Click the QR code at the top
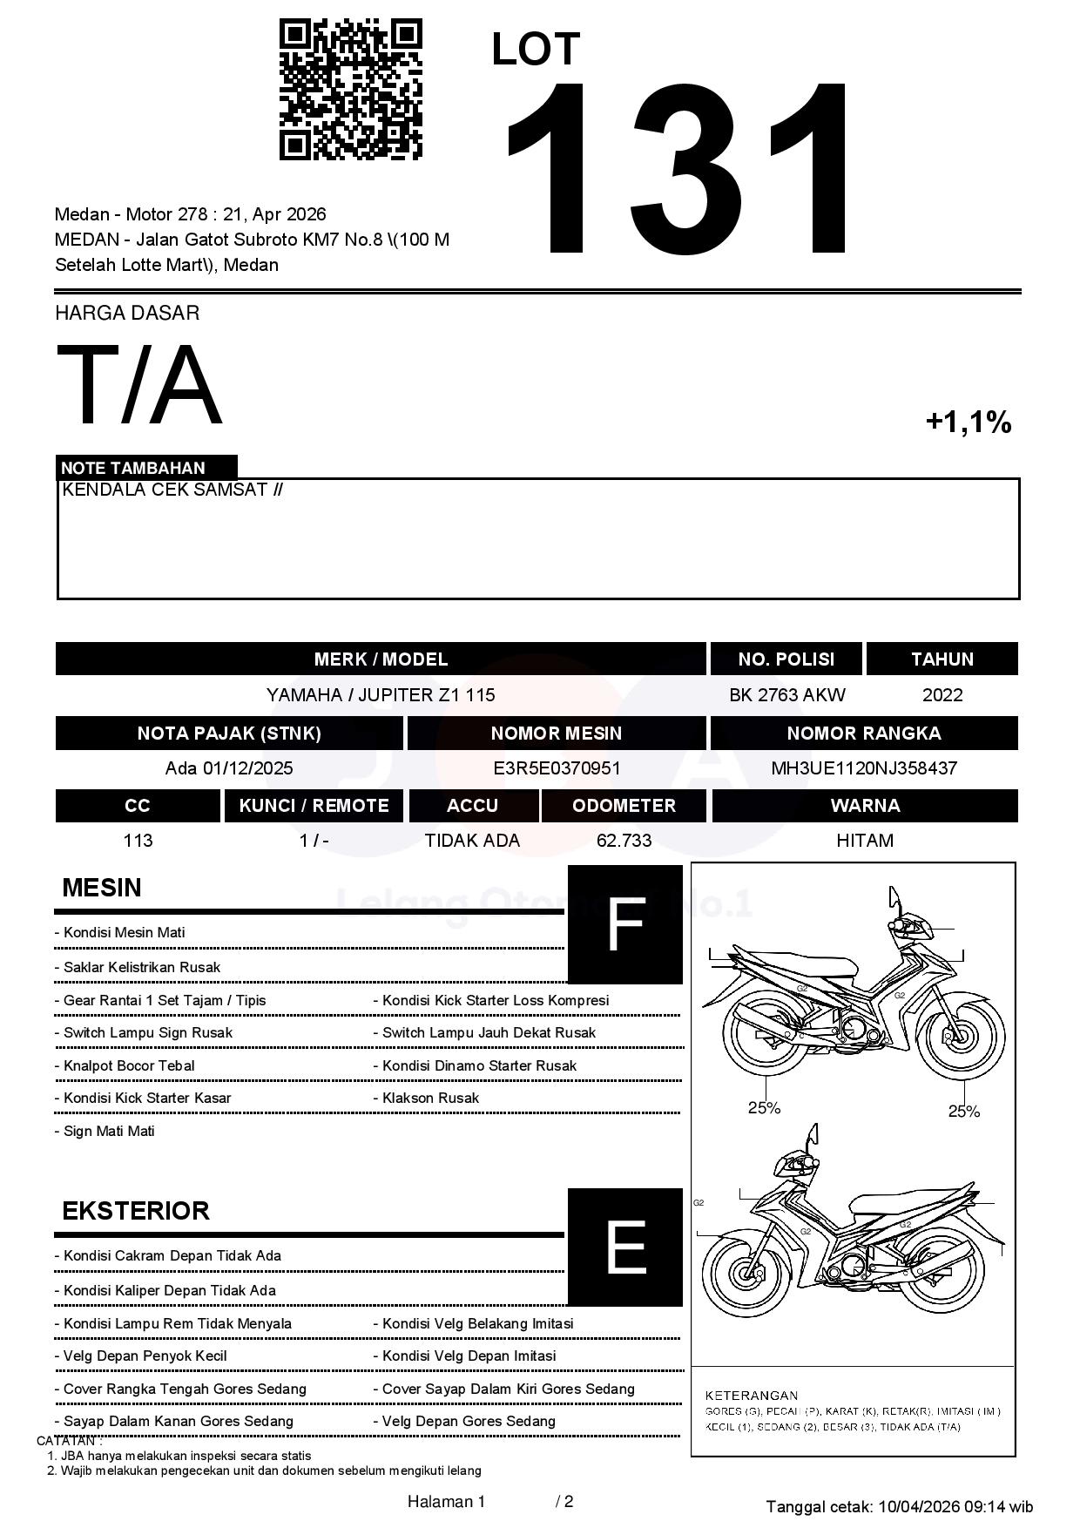(x=350, y=90)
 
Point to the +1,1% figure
(x=968, y=423)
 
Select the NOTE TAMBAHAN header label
(x=133, y=468)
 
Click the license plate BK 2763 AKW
(x=786, y=695)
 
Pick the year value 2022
(x=942, y=695)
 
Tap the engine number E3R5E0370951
(x=557, y=768)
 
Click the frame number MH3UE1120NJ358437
(x=864, y=768)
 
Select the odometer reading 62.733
(x=624, y=841)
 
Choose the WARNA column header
(x=865, y=806)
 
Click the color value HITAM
(x=865, y=841)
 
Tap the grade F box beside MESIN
(x=624, y=924)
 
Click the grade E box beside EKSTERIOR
(x=624, y=1247)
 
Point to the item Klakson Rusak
(x=430, y=1099)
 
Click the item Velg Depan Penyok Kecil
(x=145, y=1356)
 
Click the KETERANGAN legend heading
(x=751, y=1395)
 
